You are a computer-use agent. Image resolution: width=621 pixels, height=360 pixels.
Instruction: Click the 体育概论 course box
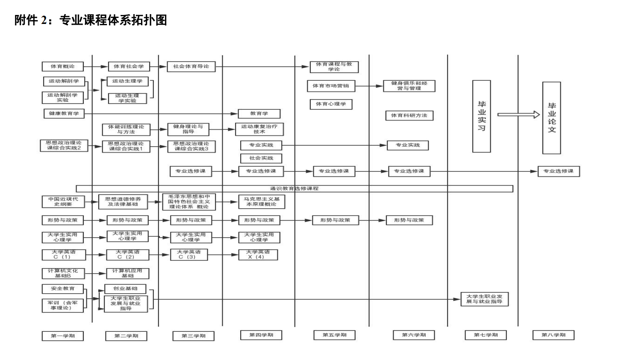click(62, 66)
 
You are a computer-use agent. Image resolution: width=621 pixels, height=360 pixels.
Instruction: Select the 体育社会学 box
click(129, 66)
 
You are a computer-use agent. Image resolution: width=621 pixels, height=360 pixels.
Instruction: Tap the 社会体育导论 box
click(191, 66)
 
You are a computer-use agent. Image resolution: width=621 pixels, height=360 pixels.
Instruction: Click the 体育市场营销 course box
click(330, 86)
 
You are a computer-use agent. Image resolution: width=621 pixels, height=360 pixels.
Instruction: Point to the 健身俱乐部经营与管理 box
click(409, 86)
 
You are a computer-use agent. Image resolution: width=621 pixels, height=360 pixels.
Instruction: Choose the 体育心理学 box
click(331, 104)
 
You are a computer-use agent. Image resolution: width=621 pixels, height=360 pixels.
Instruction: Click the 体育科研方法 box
click(409, 115)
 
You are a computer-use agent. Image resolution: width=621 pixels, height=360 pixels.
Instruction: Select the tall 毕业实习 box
click(481, 116)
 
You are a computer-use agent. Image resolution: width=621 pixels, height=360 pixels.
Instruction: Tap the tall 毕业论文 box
click(551, 118)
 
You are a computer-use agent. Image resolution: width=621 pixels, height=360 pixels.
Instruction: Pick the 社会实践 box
click(261, 158)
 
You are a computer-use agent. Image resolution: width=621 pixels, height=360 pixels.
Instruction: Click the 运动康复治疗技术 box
click(259, 129)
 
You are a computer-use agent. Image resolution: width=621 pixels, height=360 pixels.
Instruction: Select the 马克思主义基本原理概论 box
click(262, 202)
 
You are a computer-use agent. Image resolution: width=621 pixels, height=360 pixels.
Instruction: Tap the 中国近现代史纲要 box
click(63, 202)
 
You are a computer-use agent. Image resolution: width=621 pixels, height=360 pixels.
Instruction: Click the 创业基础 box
click(125, 289)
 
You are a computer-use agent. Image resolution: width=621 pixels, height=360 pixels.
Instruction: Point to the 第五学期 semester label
click(334, 335)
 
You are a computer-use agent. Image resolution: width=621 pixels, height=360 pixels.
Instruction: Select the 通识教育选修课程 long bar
click(294, 189)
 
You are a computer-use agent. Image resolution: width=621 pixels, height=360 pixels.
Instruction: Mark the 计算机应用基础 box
click(127, 273)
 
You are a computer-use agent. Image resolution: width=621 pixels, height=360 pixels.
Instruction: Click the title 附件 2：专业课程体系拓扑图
click(91, 20)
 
